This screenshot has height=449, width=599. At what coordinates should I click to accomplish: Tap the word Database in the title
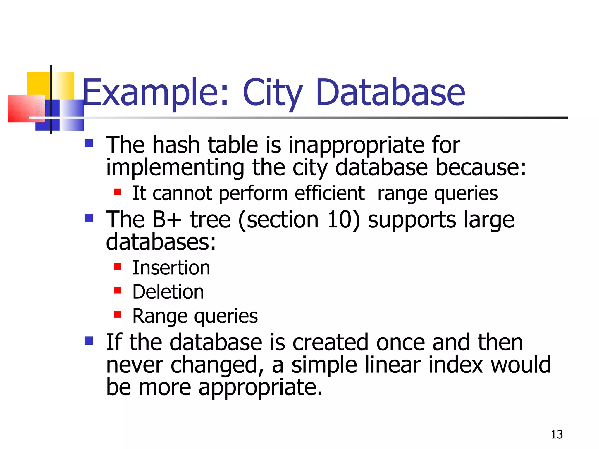390,93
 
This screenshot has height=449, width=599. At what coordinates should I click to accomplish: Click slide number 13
557,435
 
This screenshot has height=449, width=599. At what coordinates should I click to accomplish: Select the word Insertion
171,268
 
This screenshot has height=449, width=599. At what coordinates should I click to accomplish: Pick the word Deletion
168,292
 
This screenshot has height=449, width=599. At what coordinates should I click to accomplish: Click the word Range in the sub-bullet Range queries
160,316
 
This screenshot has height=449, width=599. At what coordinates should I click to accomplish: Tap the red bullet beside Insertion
118,266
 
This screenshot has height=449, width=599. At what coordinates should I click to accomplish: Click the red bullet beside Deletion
118,291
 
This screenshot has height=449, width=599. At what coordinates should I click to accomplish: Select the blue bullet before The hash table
89,143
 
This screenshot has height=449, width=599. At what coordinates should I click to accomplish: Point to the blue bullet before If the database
89,341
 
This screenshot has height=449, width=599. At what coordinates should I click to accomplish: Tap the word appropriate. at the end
260,387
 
